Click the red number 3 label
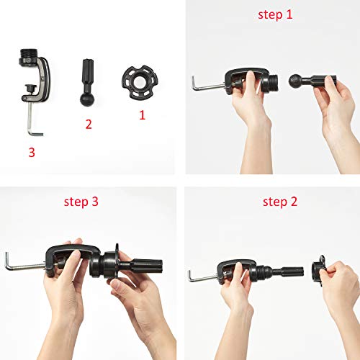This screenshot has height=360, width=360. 31,153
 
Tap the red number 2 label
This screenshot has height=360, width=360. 89,125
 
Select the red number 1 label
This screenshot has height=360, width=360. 142,114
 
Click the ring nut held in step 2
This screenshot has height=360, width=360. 318,270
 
